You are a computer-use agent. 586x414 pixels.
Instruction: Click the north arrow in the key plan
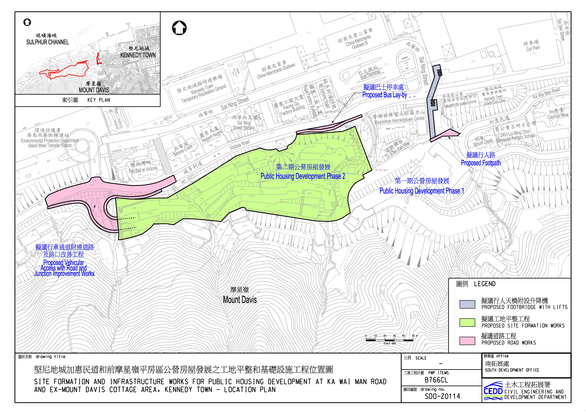(x=27, y=22)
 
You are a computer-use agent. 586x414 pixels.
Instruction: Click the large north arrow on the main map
(x=179, y=28)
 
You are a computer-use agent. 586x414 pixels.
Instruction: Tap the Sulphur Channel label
(x=48, y=42)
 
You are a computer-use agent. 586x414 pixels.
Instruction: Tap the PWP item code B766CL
(x=436, y=380)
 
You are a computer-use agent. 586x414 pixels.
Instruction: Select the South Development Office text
(x=512, y=370)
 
